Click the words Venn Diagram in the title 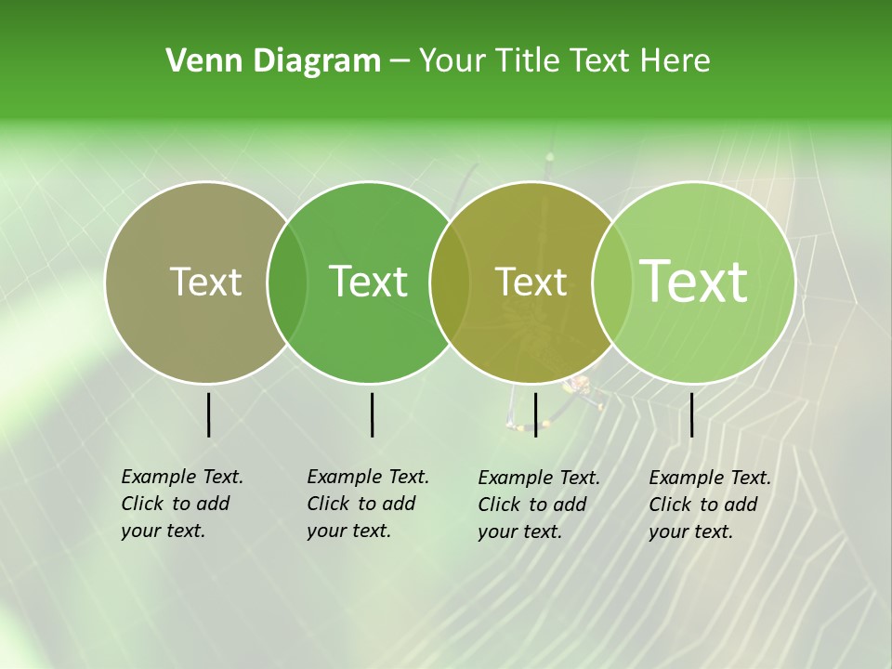273,61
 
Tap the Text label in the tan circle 205,282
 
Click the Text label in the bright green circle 369,282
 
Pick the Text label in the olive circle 531,282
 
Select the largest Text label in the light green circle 694,282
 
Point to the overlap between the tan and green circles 287,282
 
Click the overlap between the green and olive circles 450,282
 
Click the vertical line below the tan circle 208,414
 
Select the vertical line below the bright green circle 372,414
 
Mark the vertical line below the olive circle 535,414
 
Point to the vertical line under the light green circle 691,414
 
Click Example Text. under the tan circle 182,477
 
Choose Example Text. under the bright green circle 368,477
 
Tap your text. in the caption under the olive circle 519,531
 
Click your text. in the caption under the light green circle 690,531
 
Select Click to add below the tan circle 175,504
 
